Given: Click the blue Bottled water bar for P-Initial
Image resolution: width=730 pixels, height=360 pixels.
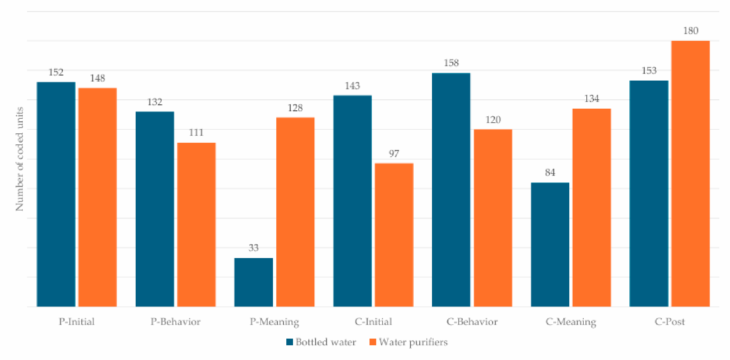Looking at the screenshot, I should pos(56,194).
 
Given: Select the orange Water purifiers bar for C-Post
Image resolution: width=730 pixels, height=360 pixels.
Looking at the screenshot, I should pos(690,174).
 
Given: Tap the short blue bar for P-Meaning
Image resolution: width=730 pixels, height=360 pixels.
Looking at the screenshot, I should pos(254,282).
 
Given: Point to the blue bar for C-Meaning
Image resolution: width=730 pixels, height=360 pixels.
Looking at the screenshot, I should pos(550,244).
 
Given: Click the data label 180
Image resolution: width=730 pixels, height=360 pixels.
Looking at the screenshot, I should pos(691,31).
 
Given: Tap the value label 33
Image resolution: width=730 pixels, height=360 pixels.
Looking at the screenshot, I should pos(254,248).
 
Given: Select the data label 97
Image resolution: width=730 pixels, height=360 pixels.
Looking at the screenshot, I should pos(394,153).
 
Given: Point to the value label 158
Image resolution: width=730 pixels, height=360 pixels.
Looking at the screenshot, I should pos(451,63).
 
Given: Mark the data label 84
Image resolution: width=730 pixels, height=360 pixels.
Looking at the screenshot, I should pos(550,172).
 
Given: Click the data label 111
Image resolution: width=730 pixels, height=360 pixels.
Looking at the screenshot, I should pos(196,133).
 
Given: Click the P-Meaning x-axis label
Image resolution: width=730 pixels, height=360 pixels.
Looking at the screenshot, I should pos(274,322).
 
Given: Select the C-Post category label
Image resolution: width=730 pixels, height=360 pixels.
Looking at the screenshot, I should pos(670,322).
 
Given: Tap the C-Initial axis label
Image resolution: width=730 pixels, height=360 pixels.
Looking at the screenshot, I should pos(373,322).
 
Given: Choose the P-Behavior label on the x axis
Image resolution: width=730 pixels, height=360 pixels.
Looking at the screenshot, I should pos(175,322).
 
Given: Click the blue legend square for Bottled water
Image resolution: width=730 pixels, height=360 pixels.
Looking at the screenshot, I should pos(290,342).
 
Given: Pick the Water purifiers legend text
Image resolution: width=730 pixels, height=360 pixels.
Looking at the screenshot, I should pos(413,342).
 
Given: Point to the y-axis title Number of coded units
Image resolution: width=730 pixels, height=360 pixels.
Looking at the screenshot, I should pos(19,159).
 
